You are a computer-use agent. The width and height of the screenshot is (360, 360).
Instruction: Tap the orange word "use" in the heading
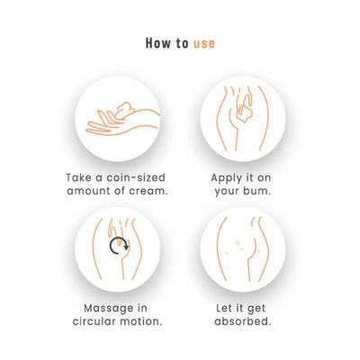tap(203, 41)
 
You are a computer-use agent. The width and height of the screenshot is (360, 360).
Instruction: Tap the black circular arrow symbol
tap(115, 248)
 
